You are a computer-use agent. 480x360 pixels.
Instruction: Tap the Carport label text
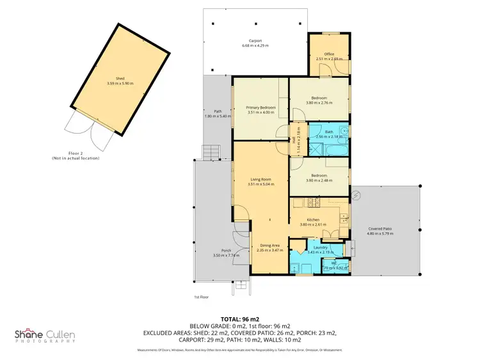(255, 40)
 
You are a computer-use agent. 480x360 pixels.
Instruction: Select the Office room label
(329, 54)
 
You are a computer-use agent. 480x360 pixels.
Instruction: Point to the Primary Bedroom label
(260, 107)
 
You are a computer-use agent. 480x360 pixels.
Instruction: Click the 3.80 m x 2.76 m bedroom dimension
(319, 103)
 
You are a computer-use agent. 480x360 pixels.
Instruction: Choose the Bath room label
(328, 132)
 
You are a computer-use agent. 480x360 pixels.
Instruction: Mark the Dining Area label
(269, 245)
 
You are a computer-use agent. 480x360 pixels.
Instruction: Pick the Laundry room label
(321, 247)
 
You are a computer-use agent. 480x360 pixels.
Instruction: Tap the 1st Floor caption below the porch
(202, 297)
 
